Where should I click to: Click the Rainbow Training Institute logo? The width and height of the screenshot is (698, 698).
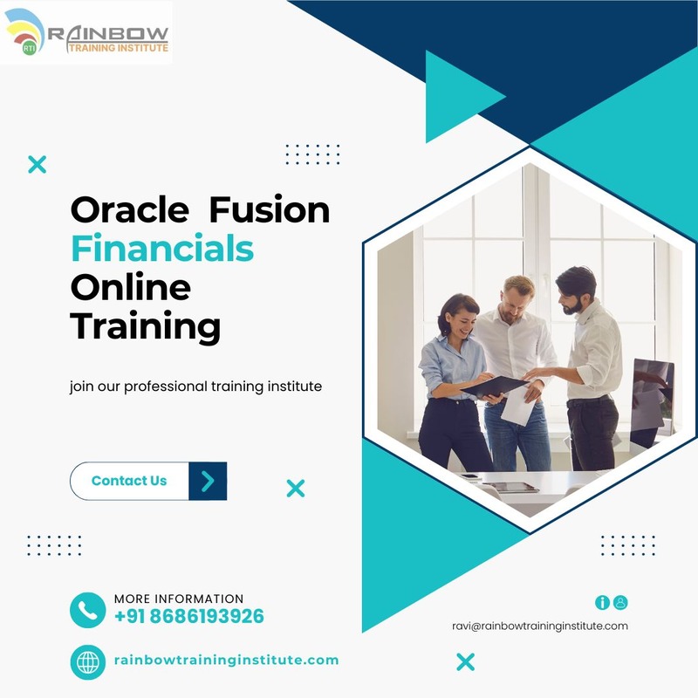[x=86, y=32]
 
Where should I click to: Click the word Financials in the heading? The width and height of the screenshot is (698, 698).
[x=162, y=249]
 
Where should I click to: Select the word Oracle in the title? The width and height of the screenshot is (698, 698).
[x=129, y=209]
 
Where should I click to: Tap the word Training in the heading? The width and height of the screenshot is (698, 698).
[x=145, y=326]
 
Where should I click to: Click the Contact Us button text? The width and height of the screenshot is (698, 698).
[x=129, y=481]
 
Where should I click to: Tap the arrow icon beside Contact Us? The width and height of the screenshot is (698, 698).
[x=208, y=482]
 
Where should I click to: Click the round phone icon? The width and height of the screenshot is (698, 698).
[x=88, y=610]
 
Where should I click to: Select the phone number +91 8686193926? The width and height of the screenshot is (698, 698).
[x=189, y=617]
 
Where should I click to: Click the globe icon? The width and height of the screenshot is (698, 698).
[x=88, y=662]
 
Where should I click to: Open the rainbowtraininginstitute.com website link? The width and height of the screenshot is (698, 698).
[x=227, y=660]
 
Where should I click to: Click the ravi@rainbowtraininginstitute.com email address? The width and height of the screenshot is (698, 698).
[x=540, y=626]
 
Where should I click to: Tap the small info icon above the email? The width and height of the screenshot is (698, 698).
[x=602, y=602]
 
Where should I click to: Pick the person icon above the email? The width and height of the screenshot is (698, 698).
[x=620, y=602]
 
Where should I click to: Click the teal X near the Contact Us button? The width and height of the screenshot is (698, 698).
[x=296, y=489]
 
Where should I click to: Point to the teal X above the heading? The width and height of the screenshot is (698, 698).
[x=37, y=164]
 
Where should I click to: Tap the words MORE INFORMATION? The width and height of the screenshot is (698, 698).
[x=179, y=599]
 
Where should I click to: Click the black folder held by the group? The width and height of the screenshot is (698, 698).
[x=494, y=387]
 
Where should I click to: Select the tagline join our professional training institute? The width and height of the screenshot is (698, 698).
[x=195, y=387]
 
